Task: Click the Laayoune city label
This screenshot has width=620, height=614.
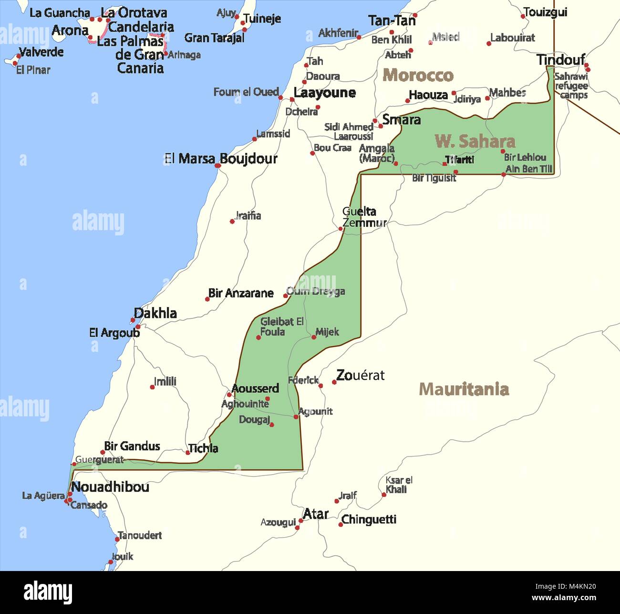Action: [x=324, y=93]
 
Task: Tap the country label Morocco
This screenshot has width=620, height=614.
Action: [x=418, y=75]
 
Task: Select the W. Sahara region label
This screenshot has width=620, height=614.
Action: [x=475, y=141]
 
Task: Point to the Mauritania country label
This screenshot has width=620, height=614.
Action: [x=464, y=389]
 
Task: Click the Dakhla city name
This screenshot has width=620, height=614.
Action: [x=155, y=313]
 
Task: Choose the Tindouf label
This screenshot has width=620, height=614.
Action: [x=560, y=60]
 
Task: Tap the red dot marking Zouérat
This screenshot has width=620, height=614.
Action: [x=334, y=382]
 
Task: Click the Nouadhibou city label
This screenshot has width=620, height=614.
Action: [x=110, y=487]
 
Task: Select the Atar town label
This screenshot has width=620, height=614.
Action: [x=316, y=514]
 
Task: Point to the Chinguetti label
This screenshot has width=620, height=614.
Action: [x=369, y=519]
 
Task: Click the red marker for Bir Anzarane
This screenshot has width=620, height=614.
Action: [x=207, y=299]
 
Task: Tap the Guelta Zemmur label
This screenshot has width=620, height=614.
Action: [x=363, y=217]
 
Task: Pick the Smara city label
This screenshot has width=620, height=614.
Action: [x=401, y=119]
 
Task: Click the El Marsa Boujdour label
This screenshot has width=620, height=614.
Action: [x=220, y=159]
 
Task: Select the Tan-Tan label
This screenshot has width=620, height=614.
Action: [x=392, y=21]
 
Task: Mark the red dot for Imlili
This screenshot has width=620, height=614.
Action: [x=153, y=387]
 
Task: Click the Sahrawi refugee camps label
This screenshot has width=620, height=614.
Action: [x=571, y=85]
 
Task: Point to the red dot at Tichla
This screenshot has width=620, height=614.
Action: [x=188, y=452]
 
